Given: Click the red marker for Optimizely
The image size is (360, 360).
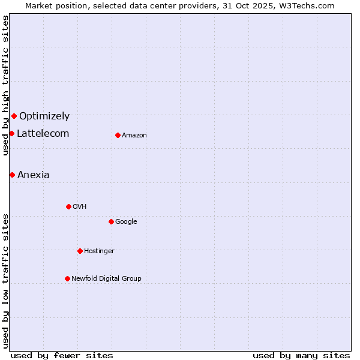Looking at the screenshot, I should click(14, 116).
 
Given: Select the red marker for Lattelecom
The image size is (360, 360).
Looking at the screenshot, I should click(11, 133).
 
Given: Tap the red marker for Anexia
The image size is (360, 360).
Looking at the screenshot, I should click(12, 175).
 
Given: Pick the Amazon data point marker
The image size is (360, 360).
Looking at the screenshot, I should click(118, 135).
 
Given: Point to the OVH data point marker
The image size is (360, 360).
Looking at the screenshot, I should click(68, 206).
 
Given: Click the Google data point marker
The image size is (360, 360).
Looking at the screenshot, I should click(111, 221).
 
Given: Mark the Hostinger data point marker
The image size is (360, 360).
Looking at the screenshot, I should click(80, 251).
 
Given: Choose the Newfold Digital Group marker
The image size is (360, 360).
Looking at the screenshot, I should click(67, 278).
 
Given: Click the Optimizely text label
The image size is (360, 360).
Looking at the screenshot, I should click(44, 116).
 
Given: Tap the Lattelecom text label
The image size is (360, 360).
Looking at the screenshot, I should click(43, 134).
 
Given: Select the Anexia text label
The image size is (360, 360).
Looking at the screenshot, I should click(34, 175).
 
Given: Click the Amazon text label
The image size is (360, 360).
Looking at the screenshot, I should click(134, 136).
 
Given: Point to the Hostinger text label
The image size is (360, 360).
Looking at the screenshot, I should click(99, 251).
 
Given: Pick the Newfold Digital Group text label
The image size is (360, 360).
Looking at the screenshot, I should click(106, 279).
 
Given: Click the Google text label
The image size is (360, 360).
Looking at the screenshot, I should click(126, 222).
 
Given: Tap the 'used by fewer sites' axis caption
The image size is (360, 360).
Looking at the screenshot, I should click(62, 355).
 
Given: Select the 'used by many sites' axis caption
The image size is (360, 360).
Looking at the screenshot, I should click(301, 355).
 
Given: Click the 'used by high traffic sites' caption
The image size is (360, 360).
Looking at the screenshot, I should click(5, 85).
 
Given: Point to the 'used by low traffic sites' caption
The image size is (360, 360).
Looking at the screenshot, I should click(5, 280).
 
